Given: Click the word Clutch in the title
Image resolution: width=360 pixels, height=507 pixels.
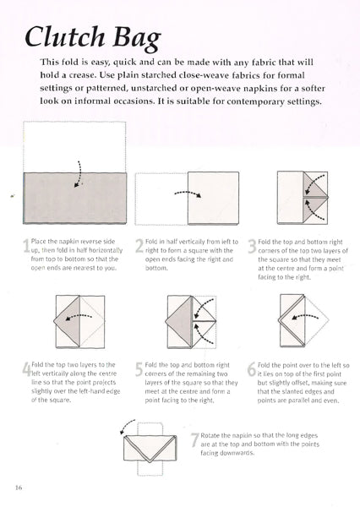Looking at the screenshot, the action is click(x=65, y=36).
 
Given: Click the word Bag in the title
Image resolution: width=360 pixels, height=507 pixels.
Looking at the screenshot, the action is click(x=137, y=39).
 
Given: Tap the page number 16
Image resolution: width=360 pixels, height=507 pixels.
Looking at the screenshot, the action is click(x=19, y=488).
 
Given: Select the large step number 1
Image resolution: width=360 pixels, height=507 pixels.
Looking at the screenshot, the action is click(x=26, y=245).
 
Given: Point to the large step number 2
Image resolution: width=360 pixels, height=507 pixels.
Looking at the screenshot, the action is click(x=139, y=246).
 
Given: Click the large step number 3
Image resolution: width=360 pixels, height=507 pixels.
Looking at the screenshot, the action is click(x=253, y=246).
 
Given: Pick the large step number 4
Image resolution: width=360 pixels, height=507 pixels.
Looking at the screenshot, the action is click(x=26, y=369).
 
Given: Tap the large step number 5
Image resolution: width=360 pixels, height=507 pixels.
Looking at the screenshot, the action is click(x=139, y=369).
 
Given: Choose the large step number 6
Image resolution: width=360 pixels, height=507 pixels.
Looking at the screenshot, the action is click(x=252, y=369).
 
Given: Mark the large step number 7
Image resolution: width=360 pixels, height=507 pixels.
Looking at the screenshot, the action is click(x=194, y=439).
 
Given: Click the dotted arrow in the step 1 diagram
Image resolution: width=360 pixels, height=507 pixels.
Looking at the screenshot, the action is click(x=79, y=175).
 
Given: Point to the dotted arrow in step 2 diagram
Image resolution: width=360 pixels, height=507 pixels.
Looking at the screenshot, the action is click(x=188, y=194).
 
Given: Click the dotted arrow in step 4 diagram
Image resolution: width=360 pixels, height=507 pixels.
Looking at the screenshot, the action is click(x=79, y=317).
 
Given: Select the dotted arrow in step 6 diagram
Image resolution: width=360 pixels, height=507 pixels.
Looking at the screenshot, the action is click(x=305, y=316).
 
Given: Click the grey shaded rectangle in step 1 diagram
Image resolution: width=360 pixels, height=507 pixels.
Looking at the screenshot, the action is click(x=75, y=198).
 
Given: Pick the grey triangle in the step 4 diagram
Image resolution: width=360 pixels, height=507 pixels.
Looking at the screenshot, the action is click(x=67, y=320).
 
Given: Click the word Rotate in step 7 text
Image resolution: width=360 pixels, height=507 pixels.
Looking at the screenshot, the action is click(x=210, y=435).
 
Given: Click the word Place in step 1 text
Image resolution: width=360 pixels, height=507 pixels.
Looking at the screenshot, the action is click(x=38, y=241).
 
